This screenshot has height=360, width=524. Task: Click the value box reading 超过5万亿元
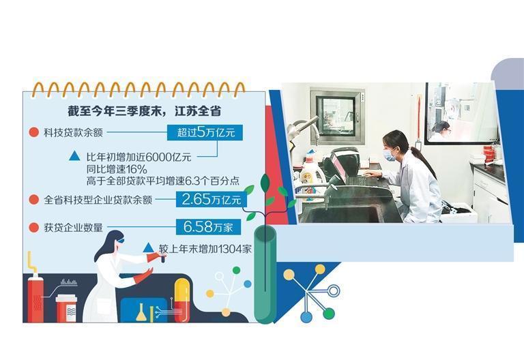tap(205, 132)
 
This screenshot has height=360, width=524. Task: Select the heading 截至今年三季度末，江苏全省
tap(142, 109)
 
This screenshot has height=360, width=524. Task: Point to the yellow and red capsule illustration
tap(181, 299)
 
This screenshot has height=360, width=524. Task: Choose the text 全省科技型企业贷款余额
tap(98, 200)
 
